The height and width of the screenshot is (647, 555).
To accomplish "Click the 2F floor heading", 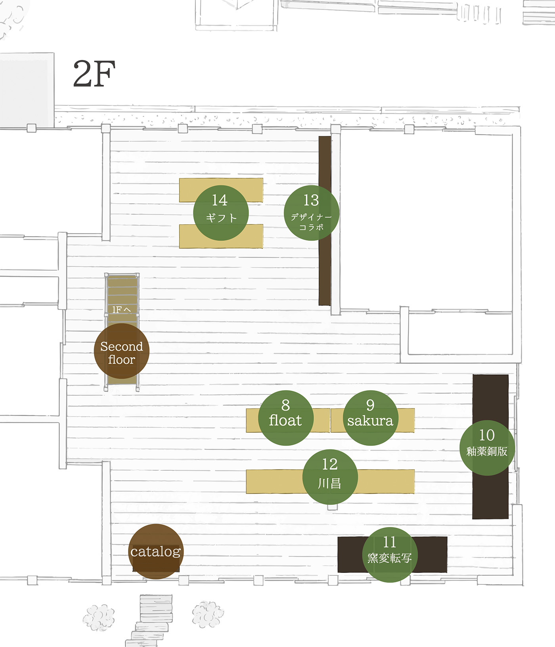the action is [94, 74].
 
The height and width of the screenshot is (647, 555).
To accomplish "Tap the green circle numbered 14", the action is [221, 213].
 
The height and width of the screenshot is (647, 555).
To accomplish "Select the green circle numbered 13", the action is [312, 213].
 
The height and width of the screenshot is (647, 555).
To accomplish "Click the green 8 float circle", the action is [286, 418].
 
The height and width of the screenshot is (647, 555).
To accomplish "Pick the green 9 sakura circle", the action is [370, 418].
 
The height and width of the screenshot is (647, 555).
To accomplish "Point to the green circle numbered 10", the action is [487, 448].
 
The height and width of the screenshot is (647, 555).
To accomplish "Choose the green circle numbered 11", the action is [390, 555].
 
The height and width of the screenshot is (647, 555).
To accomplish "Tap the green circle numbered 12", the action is [330, 477].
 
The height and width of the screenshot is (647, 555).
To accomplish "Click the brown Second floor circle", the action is [122, 351].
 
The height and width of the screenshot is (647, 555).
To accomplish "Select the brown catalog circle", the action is [156, 552].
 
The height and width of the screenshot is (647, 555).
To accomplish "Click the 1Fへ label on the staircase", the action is [121, 309].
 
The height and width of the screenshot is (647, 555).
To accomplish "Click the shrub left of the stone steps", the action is [99, 617].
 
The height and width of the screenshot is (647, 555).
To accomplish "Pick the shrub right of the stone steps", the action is [208, 614].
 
